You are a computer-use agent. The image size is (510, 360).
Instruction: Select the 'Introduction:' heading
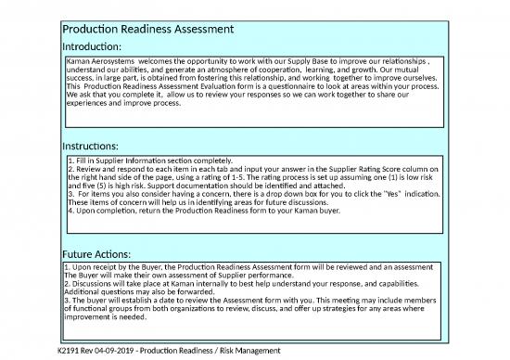(x=90, y=46)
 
